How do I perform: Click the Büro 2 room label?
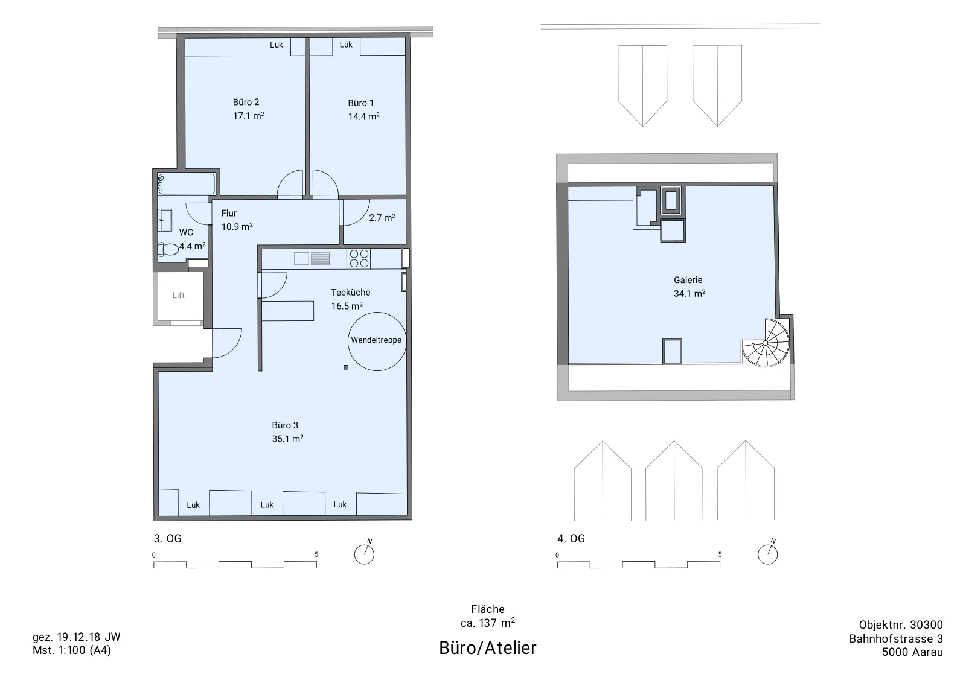pyautogui.click(x=246, y=102)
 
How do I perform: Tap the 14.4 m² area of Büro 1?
pyautogui.click(x=363, y=116)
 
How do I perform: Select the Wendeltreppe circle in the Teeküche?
pyautogui.click(x=377, y=313)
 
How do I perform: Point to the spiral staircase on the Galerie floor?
pyautogui.click(x=766, y=343)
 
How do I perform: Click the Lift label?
pyautogui.click(x=179, y=295)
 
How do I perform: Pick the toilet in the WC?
pyautogui.click(x=168, y=250)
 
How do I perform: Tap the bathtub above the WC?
pyautogui.click(x=187, y=184)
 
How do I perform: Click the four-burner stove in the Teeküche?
pyautogui.click(x=359, y=259)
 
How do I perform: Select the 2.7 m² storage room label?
pyautogui.click(x=382, y=218)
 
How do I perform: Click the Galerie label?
pyautogui.click(x=688, y=280)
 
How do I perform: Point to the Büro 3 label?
pyautogui.click(x=284, y=425)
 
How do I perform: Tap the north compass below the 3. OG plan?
pyautogui.click(x=365, y=553)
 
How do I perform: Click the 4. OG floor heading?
pyautogui.click(x=571, y=539)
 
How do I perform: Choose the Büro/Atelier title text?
pyautogui.click(x=488, y=648)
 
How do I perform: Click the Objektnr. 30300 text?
pyautogui.click(x=901, y=625)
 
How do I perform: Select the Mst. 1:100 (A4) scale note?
pyautogui.click(x=72, y=650)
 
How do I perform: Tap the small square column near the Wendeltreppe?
pyautogui.click(x=346, y=367)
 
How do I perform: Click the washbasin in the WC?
pyautogui.click(x=165, y=220)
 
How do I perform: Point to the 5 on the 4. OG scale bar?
pyautogui.click(x=720, y=554)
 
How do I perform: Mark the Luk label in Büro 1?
pyautogui.click(x=346, y=45)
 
